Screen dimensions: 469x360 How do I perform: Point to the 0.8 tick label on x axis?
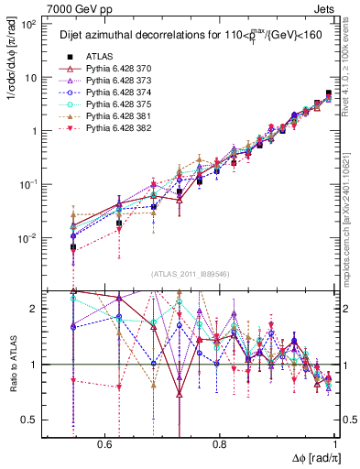(220, 443)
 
